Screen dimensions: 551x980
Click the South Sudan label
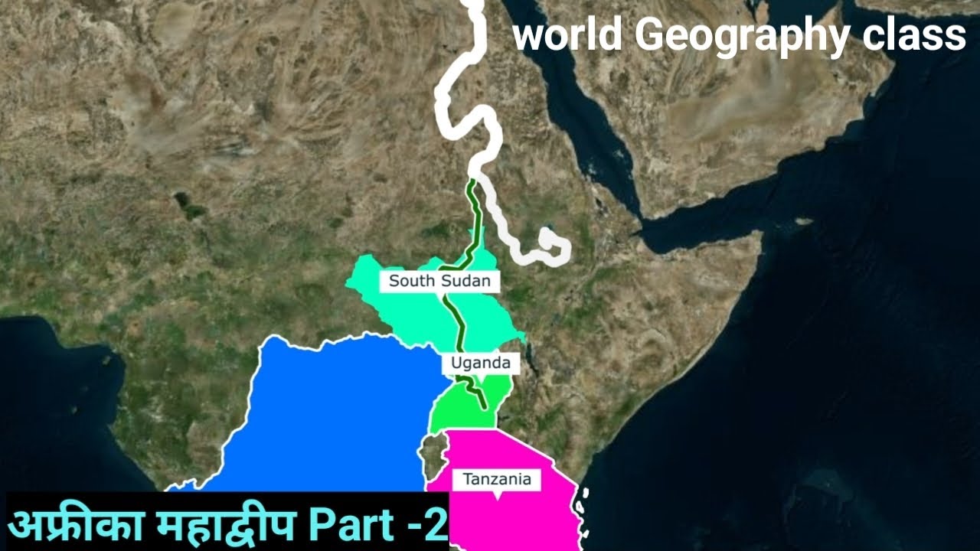pyautogui.click(x=439, y=281)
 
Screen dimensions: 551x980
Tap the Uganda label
pyautogui.click(x=481, y=364)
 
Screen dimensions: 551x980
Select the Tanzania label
pyautogui.click(x=497, y=480)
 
